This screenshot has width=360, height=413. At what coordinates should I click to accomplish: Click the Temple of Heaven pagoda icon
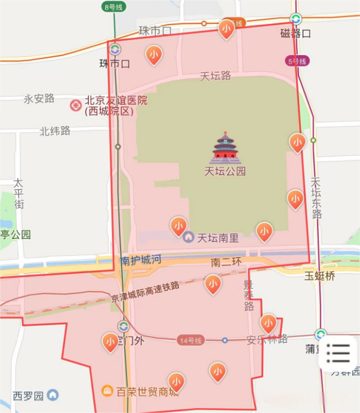pos(225,148)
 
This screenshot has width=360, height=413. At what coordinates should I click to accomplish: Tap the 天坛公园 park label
pos(225,172)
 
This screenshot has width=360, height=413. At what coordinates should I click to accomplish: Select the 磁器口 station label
pos(296,33)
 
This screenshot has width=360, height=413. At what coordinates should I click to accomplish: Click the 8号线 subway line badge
pos(113,7)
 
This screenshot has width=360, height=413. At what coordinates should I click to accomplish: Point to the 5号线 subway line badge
pos(297,61)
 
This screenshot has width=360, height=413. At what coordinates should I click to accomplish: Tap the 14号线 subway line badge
pos(191,340)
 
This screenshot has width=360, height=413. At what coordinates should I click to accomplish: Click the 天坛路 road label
pos(215,76)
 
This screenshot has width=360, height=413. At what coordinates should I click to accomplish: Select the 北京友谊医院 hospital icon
pos(76,106)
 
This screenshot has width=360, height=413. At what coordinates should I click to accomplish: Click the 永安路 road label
pos(39,99)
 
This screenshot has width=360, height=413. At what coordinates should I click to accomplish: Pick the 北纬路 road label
pos(55,130)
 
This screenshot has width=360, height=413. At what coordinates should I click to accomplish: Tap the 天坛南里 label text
pos(218,238)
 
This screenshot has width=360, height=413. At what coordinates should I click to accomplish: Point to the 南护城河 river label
pos(140,260)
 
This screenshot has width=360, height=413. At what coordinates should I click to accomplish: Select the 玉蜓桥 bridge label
pos(319,276)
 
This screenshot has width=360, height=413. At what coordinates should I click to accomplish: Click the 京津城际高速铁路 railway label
pos(146,292)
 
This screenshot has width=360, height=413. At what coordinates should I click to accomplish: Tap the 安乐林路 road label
pos(267,339)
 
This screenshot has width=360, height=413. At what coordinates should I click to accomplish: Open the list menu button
pos(338,353)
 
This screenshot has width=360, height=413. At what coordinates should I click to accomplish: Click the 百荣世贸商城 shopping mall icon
pos(107,391)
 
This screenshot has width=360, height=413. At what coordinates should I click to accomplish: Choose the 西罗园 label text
pos(29,396)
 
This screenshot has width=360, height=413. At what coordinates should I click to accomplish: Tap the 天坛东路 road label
pos(316,198)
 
